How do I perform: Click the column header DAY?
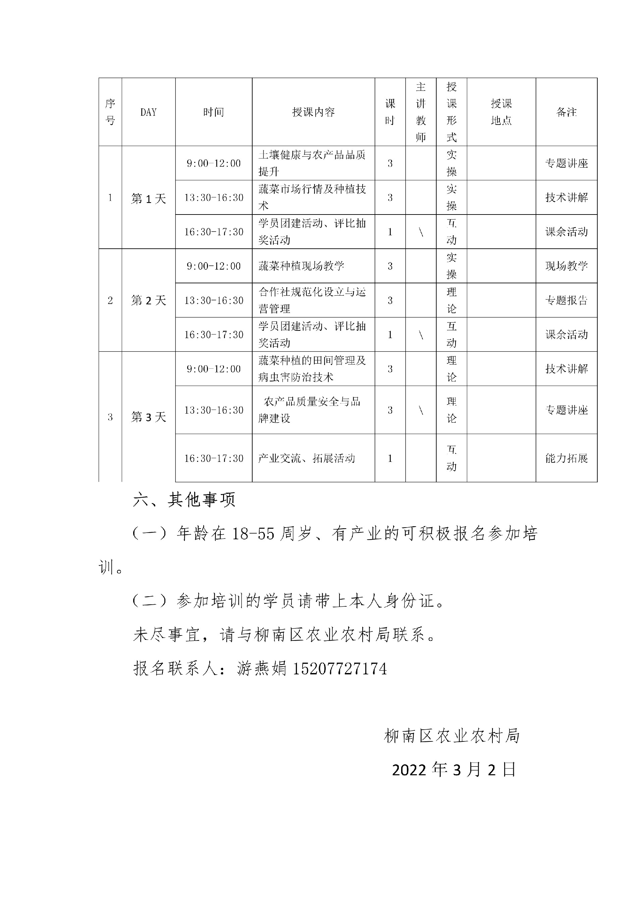tap(148, 112)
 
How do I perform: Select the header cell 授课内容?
tap(313, 112)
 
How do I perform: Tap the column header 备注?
tap(566, 112)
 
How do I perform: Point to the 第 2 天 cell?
tap(148, 300)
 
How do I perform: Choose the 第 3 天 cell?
tap(148, 417)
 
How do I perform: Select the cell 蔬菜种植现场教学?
tap(302, 266)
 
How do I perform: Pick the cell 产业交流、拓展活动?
tap(306, 459)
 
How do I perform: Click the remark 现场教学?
tap(566, 266)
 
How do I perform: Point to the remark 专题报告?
tap(566, 300)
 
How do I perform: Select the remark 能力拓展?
tap(566, 459)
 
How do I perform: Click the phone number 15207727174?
tap(339, 669)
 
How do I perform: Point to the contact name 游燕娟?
tap(262, 669)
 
